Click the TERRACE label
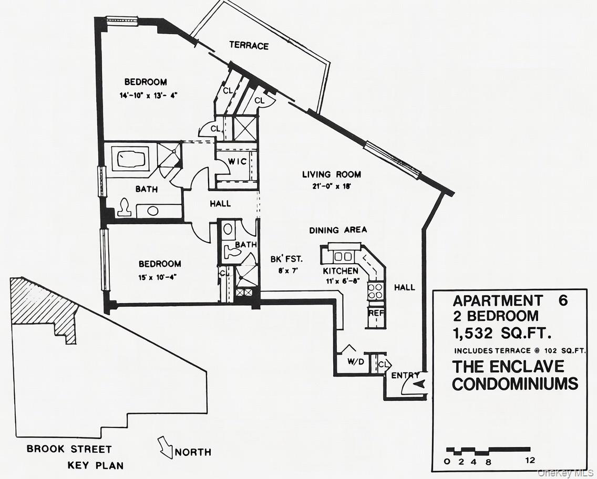pyautogui.click(x=249, y=46)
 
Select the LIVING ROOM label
pyautogui.click(x=331, y=174)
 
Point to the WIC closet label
pyautogui.click(x=236, y=161)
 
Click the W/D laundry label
pyautogui.click(x=356, y=361)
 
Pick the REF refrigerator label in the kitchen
pyautogui.click(x=376, y=313)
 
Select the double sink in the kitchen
pyautogui.click(x=343, y=256)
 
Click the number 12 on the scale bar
pyautogui.click(x=530, y=461)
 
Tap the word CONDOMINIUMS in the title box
pyautogui.click(x=514, y=384)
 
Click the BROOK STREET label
pyautogui.click(x=69, y=450)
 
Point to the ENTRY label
pyautogui.click(x=405, y=375)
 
